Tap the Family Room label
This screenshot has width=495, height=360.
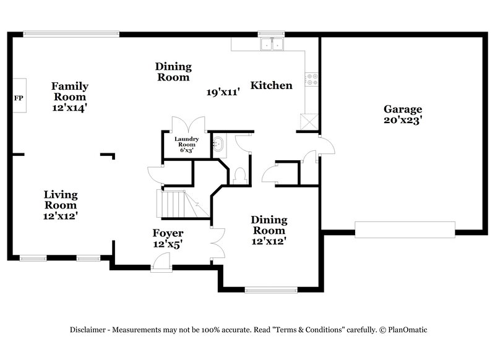[x=69, y=92]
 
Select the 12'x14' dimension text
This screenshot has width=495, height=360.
[x=69, y=107]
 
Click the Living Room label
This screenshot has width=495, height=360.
[x=60, y=200]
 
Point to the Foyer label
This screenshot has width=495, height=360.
[x=168, y=233]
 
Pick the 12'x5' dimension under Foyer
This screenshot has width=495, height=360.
[x=168, y=244]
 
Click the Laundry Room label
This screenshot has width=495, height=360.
[x=185, y=142]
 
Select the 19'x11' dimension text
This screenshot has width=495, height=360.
[x=222, y=92]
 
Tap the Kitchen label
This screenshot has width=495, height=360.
[x=271, y=85]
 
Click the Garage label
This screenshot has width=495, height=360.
[x=402, y=109]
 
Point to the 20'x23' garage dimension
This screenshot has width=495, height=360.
[x=402, y=121]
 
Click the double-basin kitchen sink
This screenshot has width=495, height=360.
[x=272, y=44]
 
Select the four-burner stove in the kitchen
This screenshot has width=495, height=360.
[x=311, y=79]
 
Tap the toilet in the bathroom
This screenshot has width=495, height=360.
[x=241, y=175]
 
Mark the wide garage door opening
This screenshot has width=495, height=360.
[x=405, y=229]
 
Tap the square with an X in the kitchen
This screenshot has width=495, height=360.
[x=308, y=121]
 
